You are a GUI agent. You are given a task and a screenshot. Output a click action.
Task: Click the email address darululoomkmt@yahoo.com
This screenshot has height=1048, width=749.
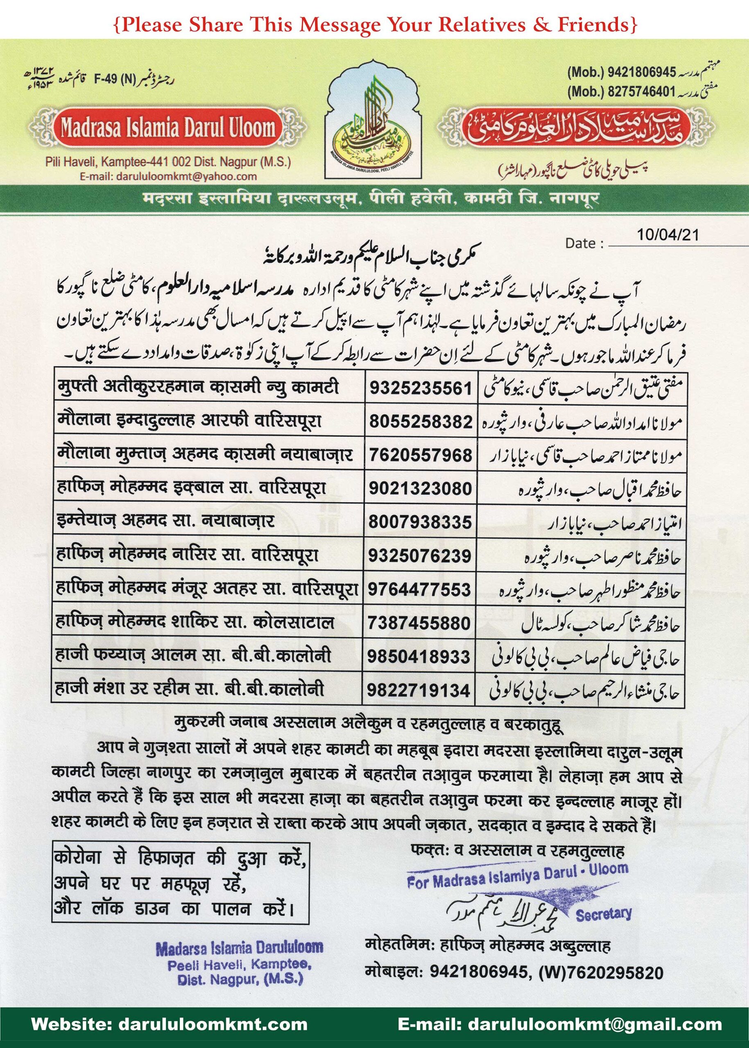[168, 176]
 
